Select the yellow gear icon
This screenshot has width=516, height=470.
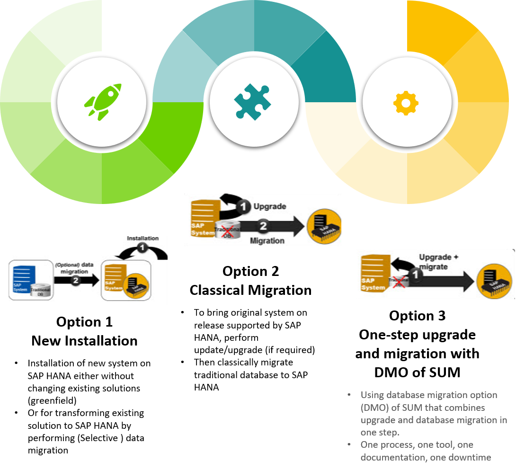coord(406,103)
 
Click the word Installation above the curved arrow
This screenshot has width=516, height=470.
coord(142,238)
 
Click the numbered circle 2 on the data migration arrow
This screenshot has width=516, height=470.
coord(74,280)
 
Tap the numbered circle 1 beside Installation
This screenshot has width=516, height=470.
coord(142,248)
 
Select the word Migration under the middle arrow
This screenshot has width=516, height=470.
coord(267,240)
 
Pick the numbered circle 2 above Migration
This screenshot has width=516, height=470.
coord(263,226)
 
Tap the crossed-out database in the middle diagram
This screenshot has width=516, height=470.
coord(228,231)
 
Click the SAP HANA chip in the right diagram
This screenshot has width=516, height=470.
coord(494,281)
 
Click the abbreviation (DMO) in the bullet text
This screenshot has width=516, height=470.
coord(372,408)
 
